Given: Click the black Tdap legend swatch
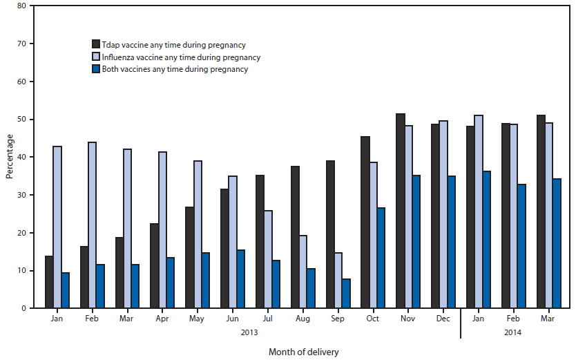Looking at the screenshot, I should [x=97, y=45].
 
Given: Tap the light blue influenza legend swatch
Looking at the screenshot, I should [x=97, y=57].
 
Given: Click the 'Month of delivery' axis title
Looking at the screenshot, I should [x=304, y=351].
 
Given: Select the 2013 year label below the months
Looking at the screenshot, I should [x=251, y=332].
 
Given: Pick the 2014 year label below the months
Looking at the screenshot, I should [x=513, y=332].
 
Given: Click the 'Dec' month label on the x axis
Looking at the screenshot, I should [x=443, y=319].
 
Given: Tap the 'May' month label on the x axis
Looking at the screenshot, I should [x=198, y=319].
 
